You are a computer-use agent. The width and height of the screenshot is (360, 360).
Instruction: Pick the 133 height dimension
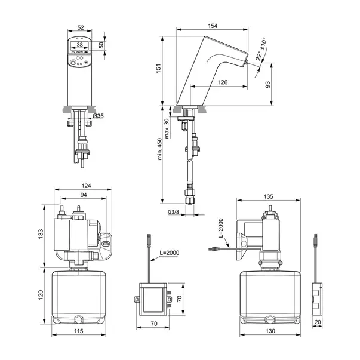click(41, 235)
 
